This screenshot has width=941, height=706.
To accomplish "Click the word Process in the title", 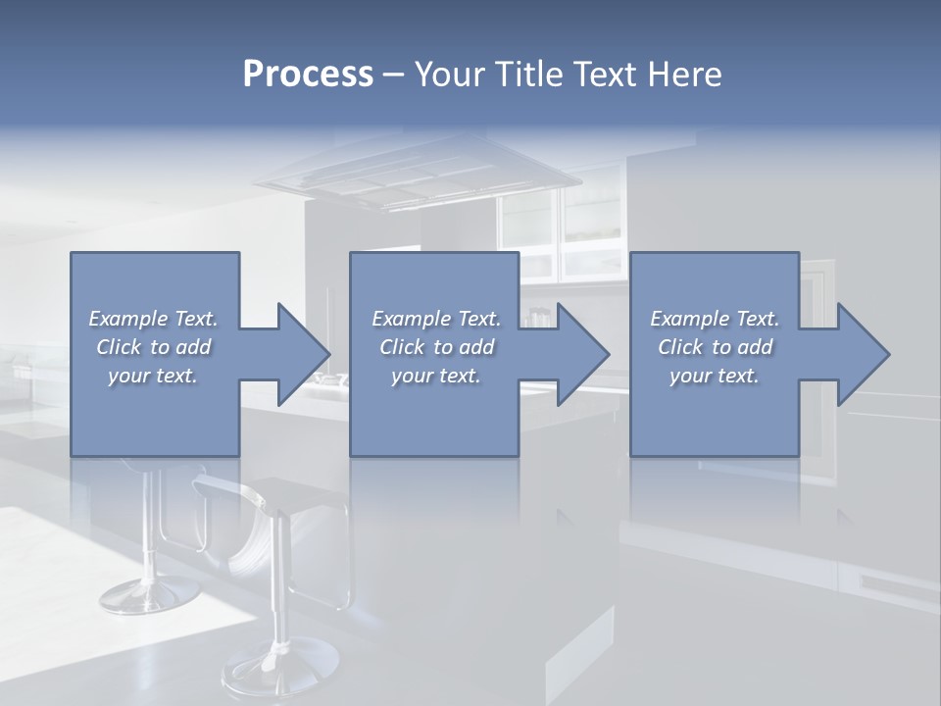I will click(308, 75).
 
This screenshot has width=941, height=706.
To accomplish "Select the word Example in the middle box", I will click(409, 319).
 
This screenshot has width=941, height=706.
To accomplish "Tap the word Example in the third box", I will click(687, 319).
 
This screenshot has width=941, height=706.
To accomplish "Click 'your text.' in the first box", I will click(153, 376).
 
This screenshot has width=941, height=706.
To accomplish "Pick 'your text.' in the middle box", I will click(436, 376).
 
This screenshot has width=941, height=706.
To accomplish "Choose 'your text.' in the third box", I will click(715, 376).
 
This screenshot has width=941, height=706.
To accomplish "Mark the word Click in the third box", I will click(681, 347).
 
